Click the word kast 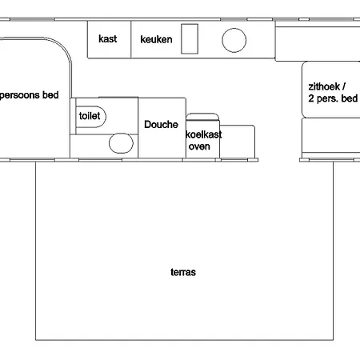[x=107, y=39]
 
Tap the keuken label [x=156, y=39]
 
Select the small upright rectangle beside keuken [x=190, y=38]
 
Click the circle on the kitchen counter [x=234, y=40]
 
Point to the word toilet [x=89, y=115]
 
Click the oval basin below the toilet [x=121, y=144]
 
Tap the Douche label [x=161, y=125]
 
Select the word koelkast [x=204, y=135]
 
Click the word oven [x=198, y=146]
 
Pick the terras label [x=183, y=272]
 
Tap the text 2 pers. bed [x=333, y=98]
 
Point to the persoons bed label [x=29, y=94]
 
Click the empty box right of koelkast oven [x=238, y=141]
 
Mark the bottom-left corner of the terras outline [x=36, y=340]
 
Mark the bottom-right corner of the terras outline [x=333, y=340]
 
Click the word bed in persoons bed [x=50, y=94]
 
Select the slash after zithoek [x=345, y=86]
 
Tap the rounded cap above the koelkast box [x=202, y=117]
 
